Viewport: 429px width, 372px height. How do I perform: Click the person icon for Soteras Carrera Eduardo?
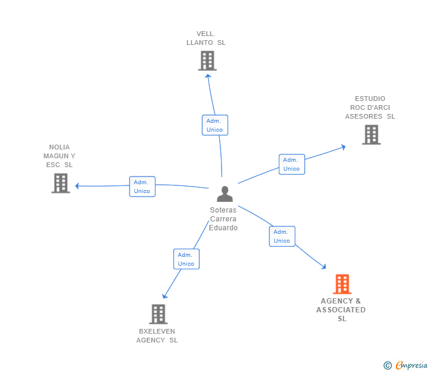coord(225,194)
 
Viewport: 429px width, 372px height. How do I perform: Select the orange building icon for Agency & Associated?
coord(342,284)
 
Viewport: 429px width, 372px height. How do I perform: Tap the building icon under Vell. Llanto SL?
coord(207,61)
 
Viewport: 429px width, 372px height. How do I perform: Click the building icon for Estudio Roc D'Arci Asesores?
coord(371,135)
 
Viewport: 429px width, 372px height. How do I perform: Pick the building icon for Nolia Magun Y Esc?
coord(61,183)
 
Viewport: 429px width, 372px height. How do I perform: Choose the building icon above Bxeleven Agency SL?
coord(158,314)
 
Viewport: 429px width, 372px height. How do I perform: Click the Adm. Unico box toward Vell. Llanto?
coord(214,125)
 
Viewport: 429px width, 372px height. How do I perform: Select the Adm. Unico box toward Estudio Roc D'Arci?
coord(291,164)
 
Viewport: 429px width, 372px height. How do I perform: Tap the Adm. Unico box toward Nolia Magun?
coord(142,187)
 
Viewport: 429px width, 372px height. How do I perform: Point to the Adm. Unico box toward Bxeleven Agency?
coord(186,259)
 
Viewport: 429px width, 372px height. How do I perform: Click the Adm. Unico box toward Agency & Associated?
coord(282,236)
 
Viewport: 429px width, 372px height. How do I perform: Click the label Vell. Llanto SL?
coord(206,38)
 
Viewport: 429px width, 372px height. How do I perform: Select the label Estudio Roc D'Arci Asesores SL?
coord(370,107)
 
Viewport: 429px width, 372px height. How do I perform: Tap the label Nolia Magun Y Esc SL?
coord(60,156)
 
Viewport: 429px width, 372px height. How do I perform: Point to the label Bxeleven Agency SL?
coord(157,335)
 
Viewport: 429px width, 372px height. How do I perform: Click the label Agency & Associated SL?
coord(341,310)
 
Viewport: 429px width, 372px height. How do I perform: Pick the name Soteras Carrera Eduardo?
coord(223,218)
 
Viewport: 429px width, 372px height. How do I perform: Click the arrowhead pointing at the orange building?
coord(324,267)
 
